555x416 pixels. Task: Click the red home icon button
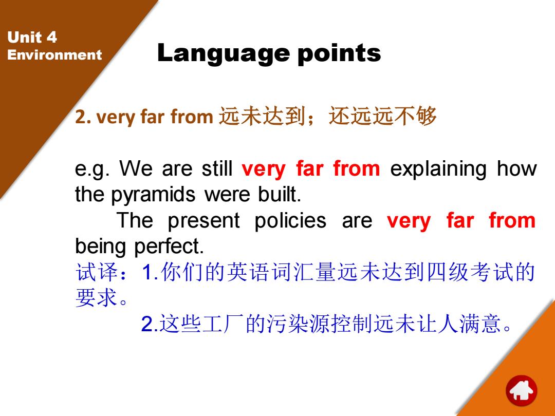pyautogui.click(x=522, y=391)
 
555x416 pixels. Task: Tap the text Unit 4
pyautogui.click(x=32, y=37)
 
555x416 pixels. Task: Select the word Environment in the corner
pyautogui.click(x=54, y=55)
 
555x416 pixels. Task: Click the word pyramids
pyautogui.click(x=153, y=195)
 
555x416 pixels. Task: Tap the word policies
pyautogui.click(x=290, y=220)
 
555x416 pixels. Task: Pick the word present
pyautogui.click(x=203, y=221)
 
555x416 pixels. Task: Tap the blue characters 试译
pyautogui.click(x=97, y=272)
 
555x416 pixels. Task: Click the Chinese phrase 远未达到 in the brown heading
pyautogui.click(x=262, y=116)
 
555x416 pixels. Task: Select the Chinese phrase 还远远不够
pyautogui.click(x=383, y=116)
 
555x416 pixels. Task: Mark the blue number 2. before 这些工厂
pyautogui.click(x=149, y=324)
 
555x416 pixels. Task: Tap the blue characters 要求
pyautogui.click(x=97, y=297)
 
